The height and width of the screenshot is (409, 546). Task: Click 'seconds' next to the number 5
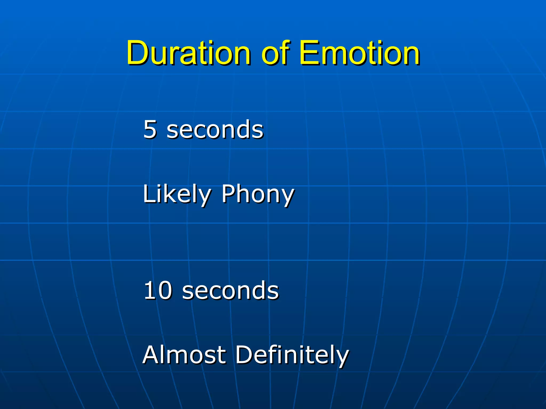coord(215,130)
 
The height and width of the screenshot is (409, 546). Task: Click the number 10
coord(158,290)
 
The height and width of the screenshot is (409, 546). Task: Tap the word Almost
coord(184,355)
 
